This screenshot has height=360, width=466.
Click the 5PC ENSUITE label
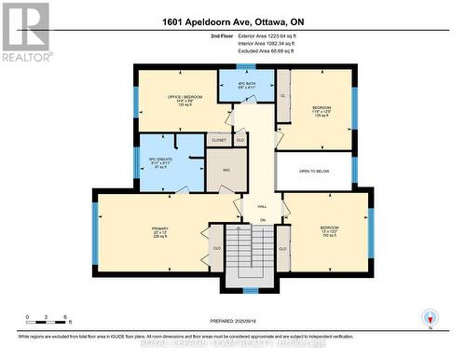coord(158,159)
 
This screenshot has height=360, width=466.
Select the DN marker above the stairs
coord(262,220)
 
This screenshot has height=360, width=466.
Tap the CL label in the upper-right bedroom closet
coord(282,94)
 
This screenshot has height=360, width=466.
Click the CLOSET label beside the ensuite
coord(219,140)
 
